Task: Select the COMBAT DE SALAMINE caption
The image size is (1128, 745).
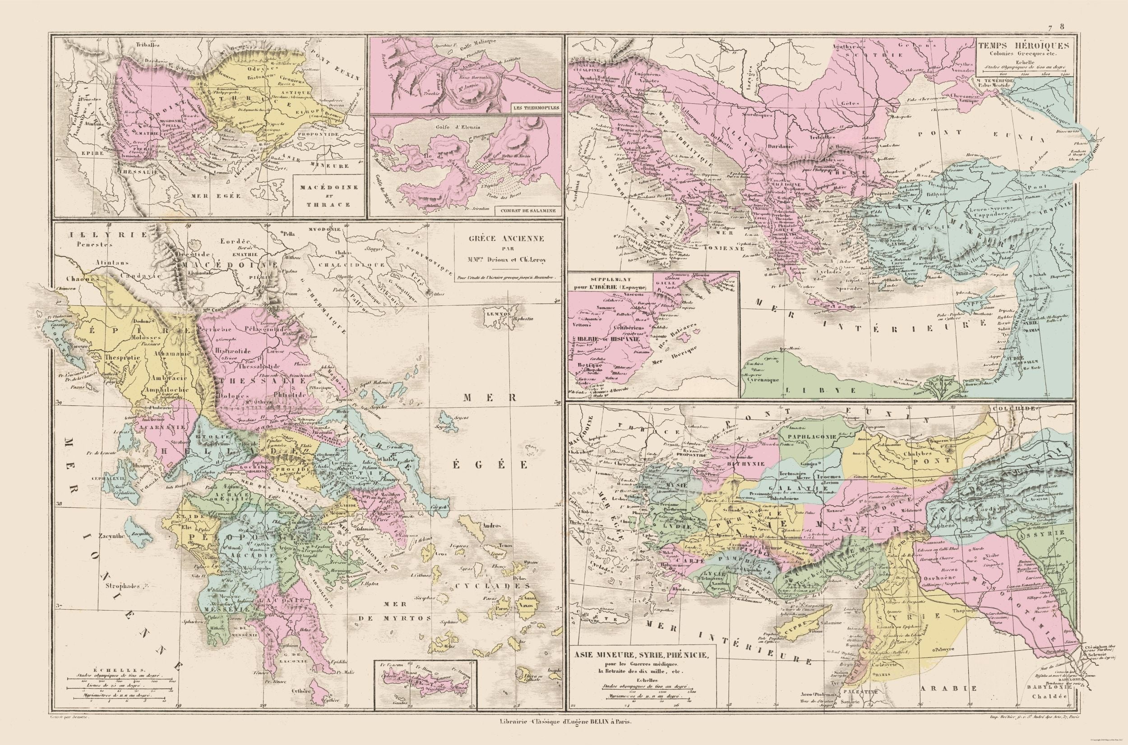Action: (x=527, y=210)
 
